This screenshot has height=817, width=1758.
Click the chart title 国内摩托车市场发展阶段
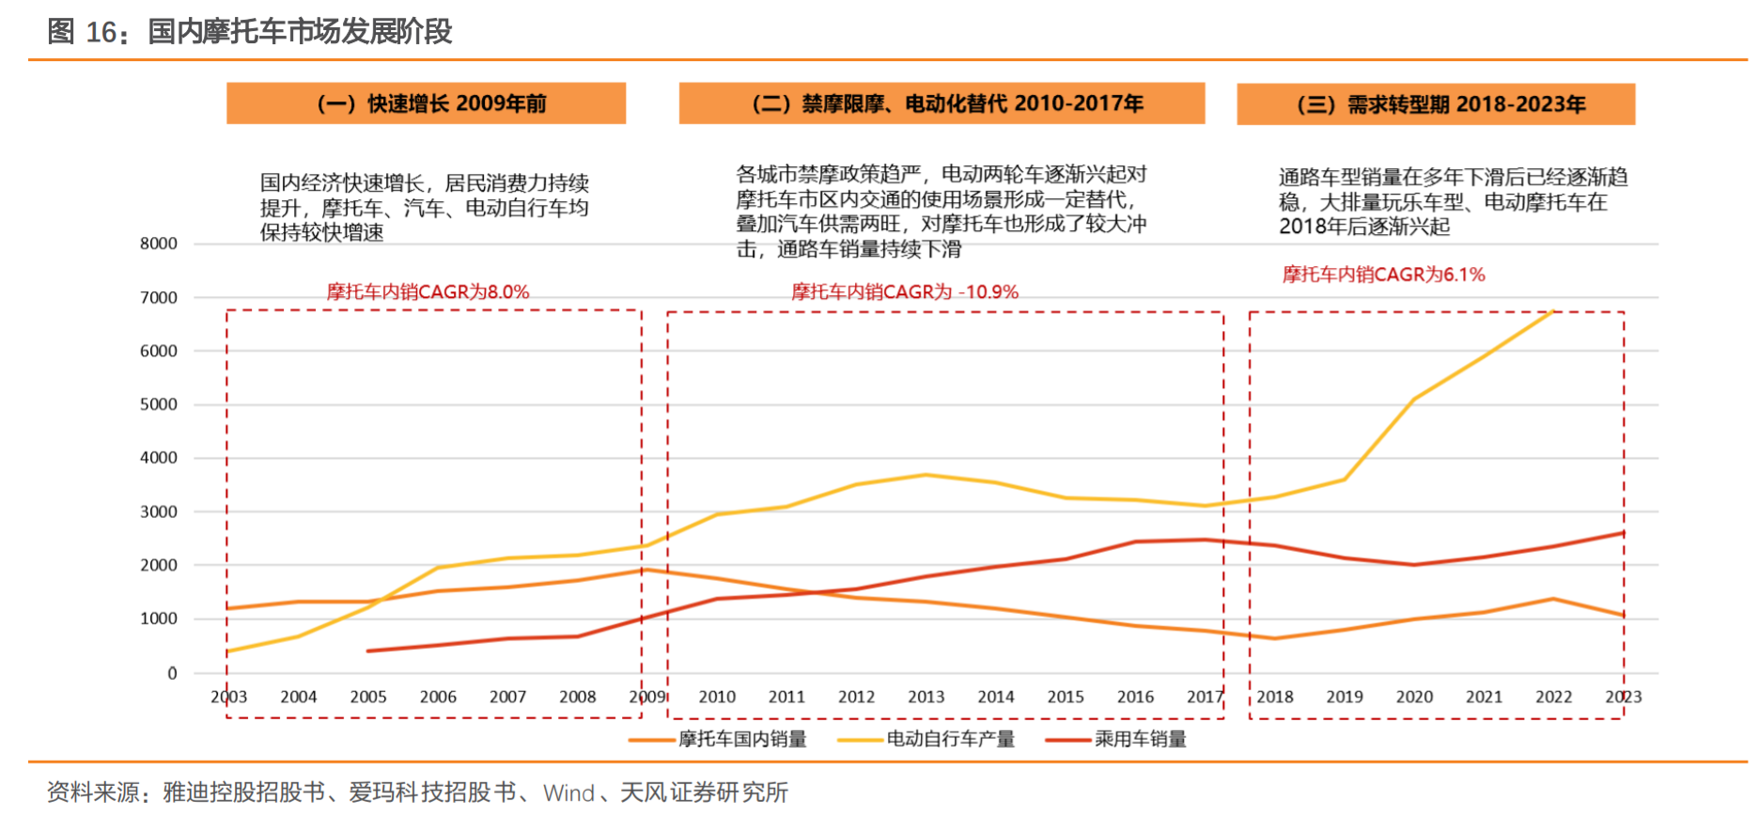300,32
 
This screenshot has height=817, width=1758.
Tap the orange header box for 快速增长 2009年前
426,103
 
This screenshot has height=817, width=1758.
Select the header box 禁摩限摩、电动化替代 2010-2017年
941,103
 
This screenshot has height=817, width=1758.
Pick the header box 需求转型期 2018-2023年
1435,104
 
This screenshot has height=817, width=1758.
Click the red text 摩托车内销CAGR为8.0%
428,291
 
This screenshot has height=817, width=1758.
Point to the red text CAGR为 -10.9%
904,291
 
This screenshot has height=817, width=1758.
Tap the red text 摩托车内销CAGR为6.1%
1383,275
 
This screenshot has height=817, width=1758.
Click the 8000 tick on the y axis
159,244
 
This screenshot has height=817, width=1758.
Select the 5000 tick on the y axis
159,404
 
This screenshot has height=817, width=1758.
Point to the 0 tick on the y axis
172,673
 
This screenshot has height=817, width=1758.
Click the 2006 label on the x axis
438,697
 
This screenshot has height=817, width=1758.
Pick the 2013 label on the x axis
926,697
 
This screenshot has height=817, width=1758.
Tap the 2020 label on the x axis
1414,697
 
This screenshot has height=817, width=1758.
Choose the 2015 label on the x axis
1066,697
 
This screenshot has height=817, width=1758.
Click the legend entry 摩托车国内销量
742,739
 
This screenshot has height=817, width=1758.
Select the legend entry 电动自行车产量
950,739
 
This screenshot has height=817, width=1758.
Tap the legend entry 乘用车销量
1140,739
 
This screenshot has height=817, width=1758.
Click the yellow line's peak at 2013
926,475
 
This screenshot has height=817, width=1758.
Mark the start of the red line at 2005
368,651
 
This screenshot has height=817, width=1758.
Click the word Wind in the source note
568,793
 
